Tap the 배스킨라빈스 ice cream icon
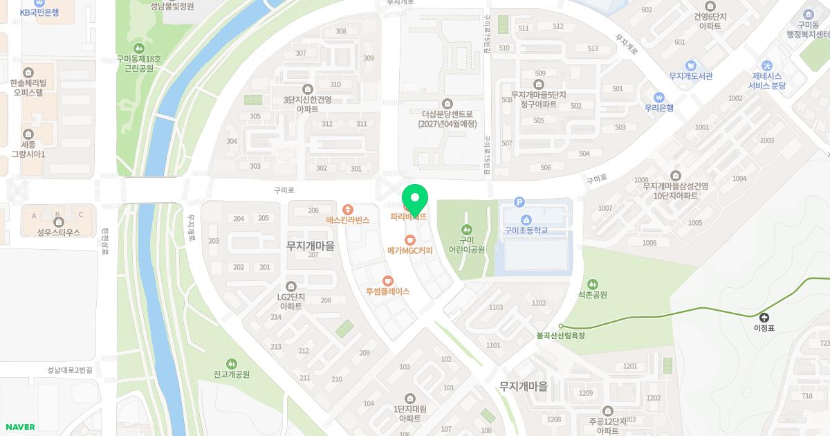click(347, 209)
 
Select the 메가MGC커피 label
click(409, 251)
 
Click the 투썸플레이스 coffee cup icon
click(387, 280)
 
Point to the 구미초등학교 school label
click(526, 230)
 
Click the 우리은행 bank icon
click(659, 97)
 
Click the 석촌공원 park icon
click(592, 284)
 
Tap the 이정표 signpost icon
click(764, 317)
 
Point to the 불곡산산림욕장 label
click(561, 336)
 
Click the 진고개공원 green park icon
click(231, 363)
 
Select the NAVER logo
click(19, 427)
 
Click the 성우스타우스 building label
click(59, 233)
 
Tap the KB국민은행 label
click(39, 12)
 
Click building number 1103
click(495, 307)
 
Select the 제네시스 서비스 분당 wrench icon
click(766, 65)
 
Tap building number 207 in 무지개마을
click(313, 255)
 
